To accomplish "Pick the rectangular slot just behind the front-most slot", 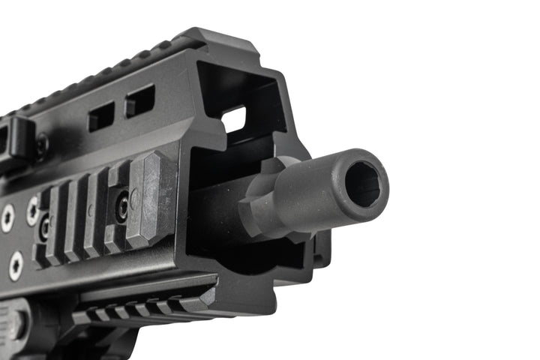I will tap(101, 116).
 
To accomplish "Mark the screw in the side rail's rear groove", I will tap(44, 226).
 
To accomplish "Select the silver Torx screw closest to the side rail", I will tap(32, 211).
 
